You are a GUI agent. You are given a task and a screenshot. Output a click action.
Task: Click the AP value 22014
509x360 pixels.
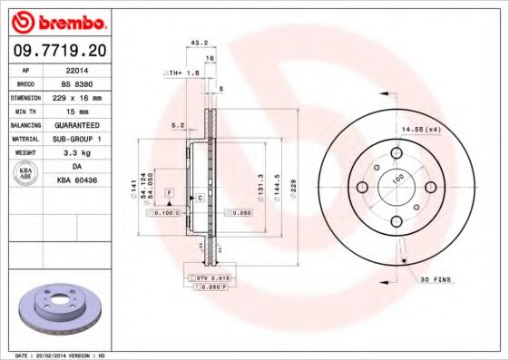click(75, 69)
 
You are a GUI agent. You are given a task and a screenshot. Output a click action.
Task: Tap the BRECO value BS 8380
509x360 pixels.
click(75, 82)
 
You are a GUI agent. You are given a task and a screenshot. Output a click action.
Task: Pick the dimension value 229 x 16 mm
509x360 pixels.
click(75, 95)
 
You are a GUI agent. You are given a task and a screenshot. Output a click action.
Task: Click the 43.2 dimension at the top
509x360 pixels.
click(194, 43)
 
